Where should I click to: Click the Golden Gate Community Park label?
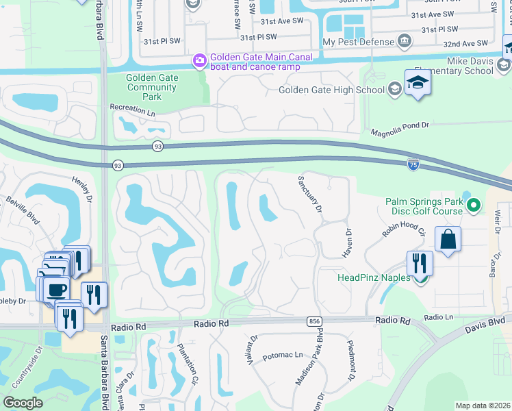[x=152, y=87]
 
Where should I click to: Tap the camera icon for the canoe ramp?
[x=199, y=61]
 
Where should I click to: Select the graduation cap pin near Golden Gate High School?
[x=418, y=84]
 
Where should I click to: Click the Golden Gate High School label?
[x=332, y=90]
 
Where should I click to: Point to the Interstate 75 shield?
[x=413, y=164]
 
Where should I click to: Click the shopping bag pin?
[x=448, y=240]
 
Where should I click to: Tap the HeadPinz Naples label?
[x=374, y=277]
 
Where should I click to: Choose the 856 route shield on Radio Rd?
[x=315, y=321]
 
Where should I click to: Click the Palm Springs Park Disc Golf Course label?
[x=424, y=206]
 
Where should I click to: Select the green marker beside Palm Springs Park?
[x=473, y=205]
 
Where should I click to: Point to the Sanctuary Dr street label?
[x=310, y=195]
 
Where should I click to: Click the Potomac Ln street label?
[x=283, y=355]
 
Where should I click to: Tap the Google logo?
[x=23, y=403]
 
